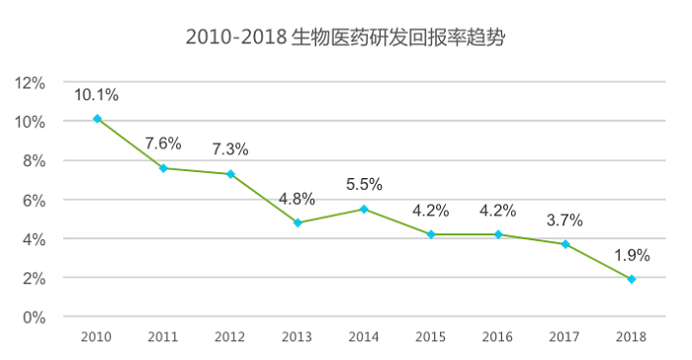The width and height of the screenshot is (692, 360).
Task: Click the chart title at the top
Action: pos(346,38)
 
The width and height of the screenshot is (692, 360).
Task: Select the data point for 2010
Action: pos(97,119)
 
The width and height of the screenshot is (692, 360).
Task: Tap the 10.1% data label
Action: pos(96,95)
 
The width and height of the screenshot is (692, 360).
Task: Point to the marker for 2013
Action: pos(298,223)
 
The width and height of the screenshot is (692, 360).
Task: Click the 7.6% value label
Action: pos(163,143)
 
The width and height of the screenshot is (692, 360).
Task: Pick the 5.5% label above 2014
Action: pos(364,184)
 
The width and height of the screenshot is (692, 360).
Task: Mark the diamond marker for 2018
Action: pos(632,279)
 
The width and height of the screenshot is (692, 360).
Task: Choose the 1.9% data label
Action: pos(632,255)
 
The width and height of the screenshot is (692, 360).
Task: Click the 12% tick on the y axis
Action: pos(30,83)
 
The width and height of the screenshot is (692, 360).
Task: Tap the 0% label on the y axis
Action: pos(34,317)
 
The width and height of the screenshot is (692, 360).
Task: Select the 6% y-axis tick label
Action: pos(34,201)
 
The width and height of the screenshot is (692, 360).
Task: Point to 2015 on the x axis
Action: pos(431,337)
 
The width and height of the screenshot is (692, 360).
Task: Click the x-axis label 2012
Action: pos(230,337)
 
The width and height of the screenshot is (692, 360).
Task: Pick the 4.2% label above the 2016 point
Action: pos(498,211)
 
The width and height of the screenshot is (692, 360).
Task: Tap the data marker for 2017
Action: pos(564,244)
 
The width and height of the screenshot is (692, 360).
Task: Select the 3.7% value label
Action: pos(564,220)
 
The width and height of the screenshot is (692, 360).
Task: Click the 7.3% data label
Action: pos(230,149)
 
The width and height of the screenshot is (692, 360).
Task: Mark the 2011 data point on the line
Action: pos(163,168)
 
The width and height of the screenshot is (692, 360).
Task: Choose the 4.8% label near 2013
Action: pos(297,199)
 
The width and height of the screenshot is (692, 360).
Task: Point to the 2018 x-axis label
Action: pos(631,337)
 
